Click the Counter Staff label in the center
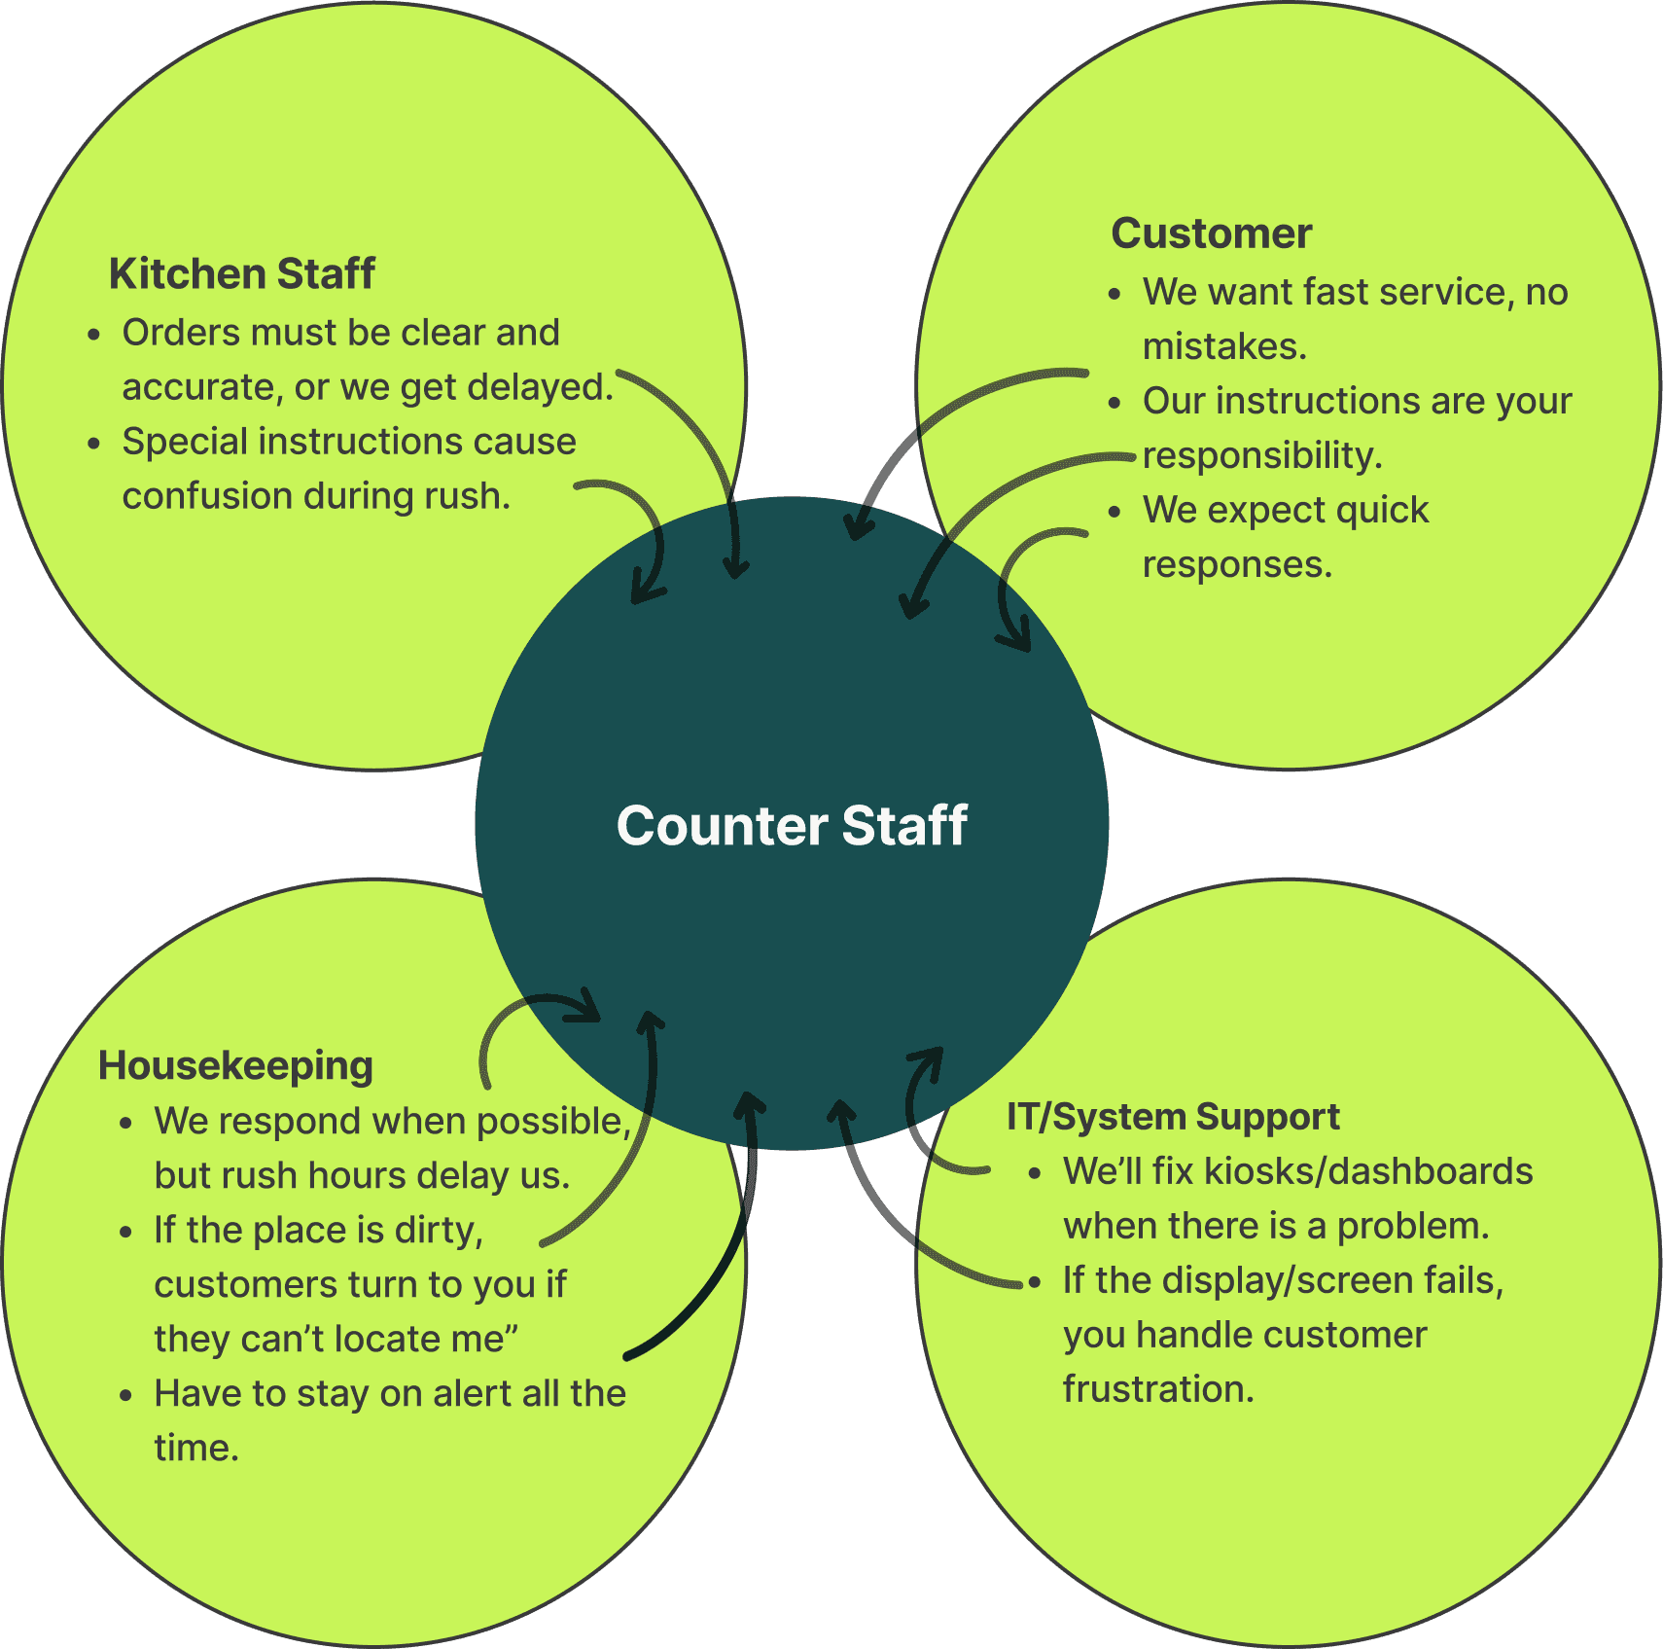792,826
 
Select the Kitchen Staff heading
241,274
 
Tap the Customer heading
1211,233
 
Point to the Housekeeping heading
235,1066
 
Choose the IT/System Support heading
1173,1117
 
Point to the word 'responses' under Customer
1236,564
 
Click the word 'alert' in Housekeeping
473,1394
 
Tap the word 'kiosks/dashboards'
1368,1172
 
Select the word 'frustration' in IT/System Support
1158,1389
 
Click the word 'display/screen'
1288,1281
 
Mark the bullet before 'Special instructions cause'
93,444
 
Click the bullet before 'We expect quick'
1115,512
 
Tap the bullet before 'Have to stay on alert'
125,1395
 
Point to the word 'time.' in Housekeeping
196,1449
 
